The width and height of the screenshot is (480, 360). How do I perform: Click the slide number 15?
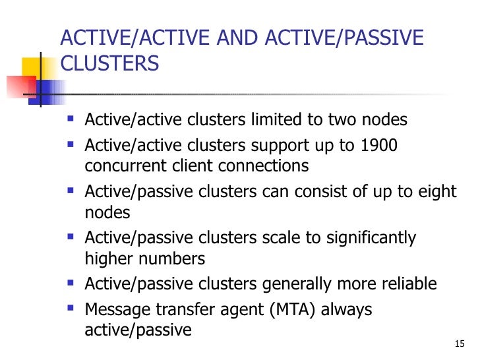tap(460, 344)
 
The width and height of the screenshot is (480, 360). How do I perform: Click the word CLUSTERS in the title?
tap(109, 64)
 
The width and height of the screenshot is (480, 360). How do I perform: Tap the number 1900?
tap(378, 145)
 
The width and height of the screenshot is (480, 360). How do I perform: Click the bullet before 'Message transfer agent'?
tap(71, 309)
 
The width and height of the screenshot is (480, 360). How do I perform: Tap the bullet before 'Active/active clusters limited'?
tap(71, 120)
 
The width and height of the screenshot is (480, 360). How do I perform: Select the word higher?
tap(109, 258)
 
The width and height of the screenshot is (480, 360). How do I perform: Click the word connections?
tap(269, 165)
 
